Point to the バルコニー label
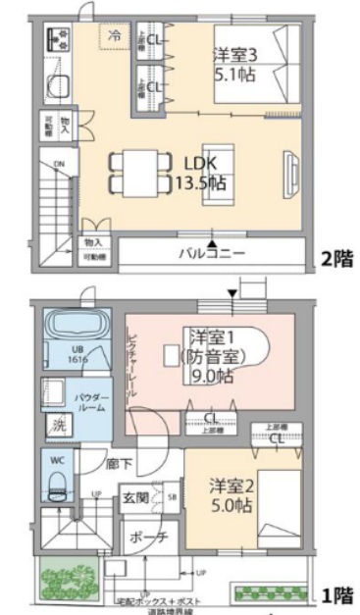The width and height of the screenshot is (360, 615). (x=212, y=253)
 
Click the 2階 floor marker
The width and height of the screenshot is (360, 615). (x=336, y=260)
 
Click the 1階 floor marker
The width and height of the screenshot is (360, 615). (x=336, y=593)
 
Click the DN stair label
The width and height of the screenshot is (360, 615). (x=58, y=164)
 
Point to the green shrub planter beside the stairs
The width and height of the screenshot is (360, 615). (x=63, y=580)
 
